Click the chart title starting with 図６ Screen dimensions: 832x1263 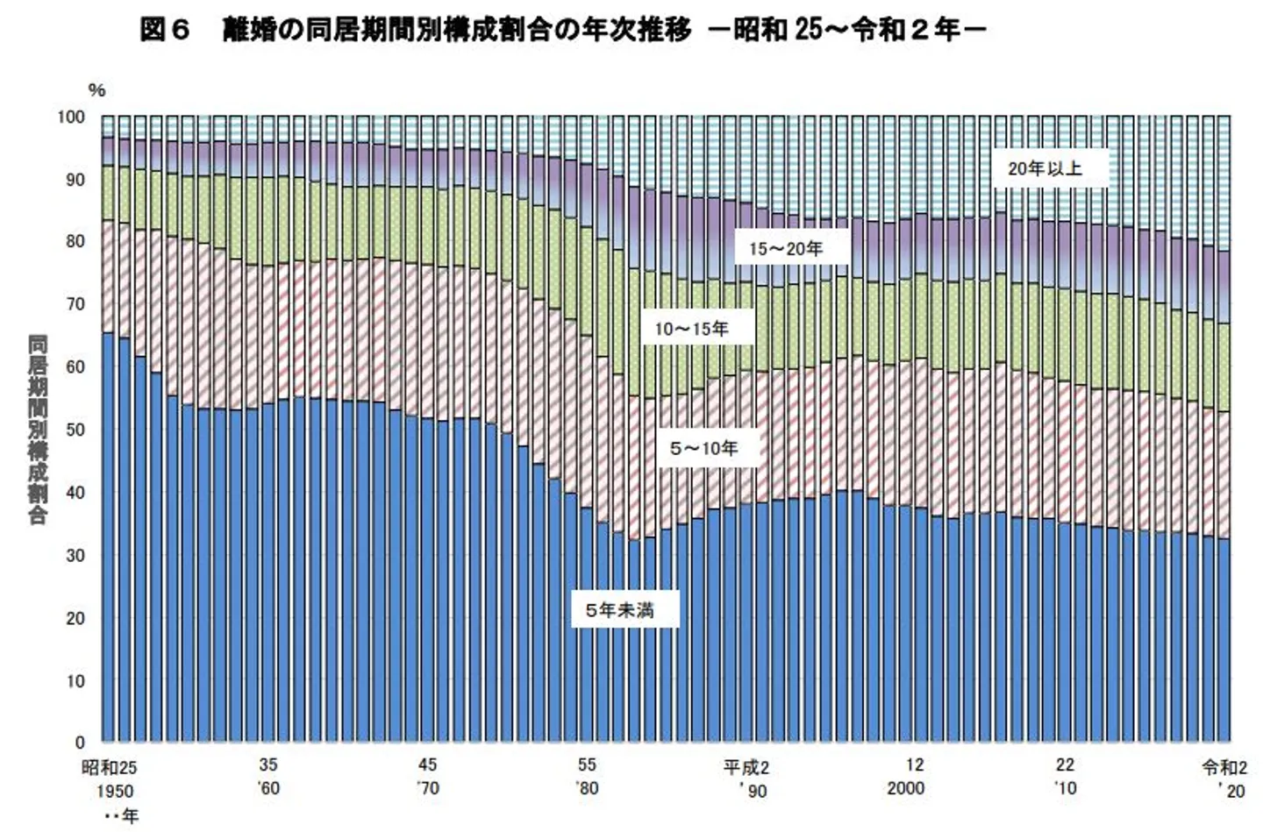(562, 31)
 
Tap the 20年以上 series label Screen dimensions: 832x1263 (1044, 168)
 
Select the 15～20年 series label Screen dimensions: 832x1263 (785, 249)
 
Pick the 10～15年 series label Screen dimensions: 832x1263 (691, 330)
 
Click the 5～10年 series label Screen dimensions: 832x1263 (703, 449)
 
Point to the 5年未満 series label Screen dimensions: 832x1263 (619, 609)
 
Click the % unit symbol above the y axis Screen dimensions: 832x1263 (96, 90)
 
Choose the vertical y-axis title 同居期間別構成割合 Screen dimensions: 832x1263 (38, 430)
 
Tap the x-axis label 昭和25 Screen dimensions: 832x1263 (110, 768)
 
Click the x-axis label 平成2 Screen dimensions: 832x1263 (746, 768)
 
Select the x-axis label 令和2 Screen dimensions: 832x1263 (1224, 768)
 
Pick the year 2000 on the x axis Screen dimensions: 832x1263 (905, 788)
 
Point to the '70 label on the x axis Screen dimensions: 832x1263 (427, 788)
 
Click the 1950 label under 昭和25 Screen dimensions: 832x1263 (110, 791)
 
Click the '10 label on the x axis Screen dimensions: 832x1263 (1065, 788)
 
